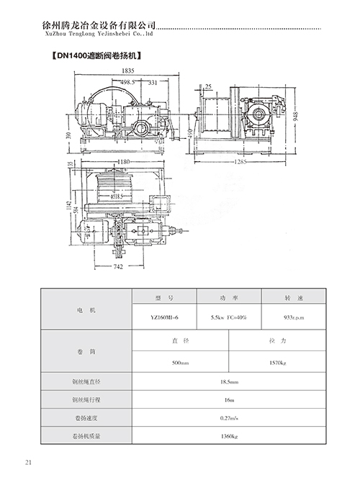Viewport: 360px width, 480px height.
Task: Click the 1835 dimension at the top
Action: [127, 71]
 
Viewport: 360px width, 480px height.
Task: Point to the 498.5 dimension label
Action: [130, 83]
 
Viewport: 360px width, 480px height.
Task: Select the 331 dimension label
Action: [153, 83]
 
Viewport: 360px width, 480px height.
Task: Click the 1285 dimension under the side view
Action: [240, 162]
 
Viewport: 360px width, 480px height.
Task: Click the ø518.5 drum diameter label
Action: [120, 195]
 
